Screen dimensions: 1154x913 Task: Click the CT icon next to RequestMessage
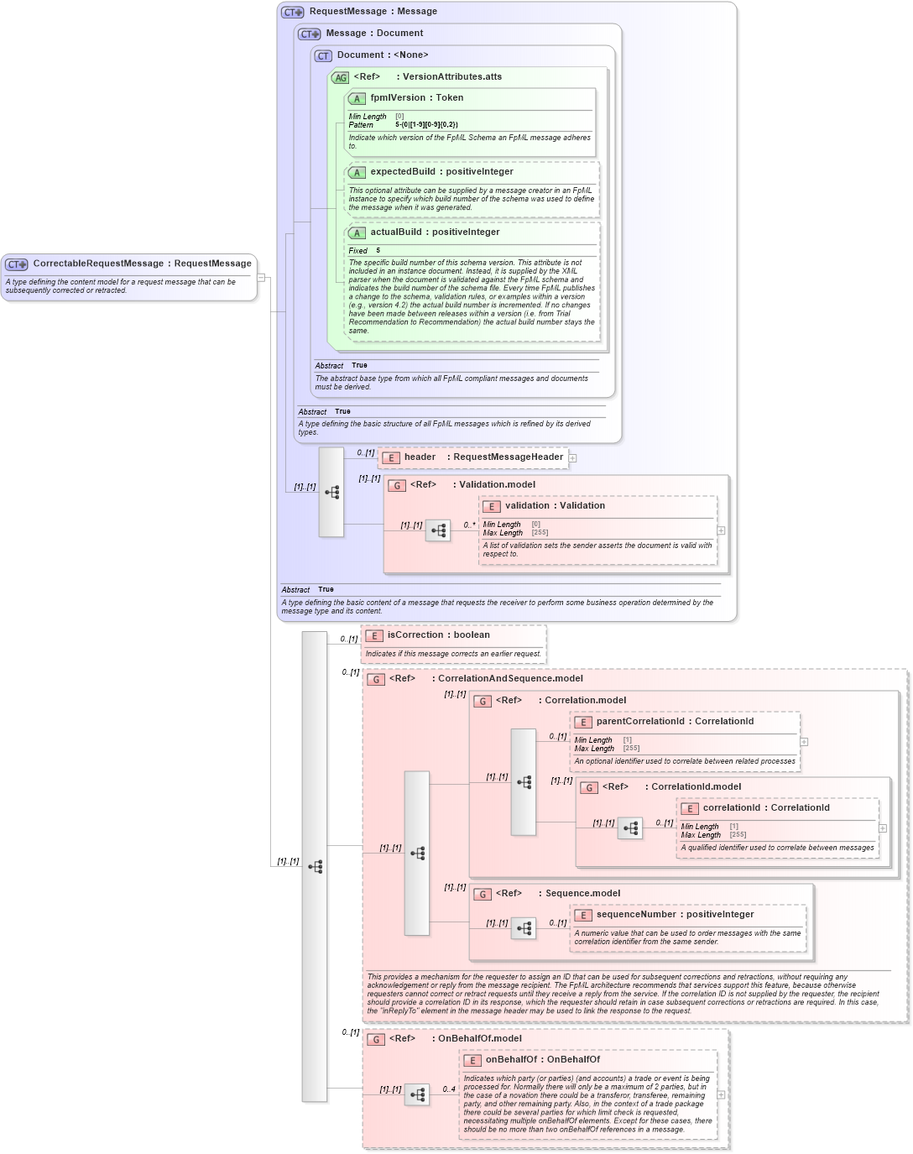click(x=292, y=13)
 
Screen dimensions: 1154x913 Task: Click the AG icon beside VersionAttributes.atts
click(x=340, y=78)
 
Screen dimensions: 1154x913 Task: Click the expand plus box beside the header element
click(x=572, y=458)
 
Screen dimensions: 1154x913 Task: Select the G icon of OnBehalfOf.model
click(x=375, y=1040)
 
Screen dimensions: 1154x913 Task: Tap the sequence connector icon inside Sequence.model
click(x=524, y=928)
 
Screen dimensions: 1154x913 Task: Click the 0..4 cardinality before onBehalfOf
click(x=449, y=1089)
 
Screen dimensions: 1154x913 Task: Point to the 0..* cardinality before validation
click(x=469, y=525)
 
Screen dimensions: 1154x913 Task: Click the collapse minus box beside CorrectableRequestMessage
click(x=261, y=277)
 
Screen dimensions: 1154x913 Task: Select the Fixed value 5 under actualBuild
click(x=378, y=250)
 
